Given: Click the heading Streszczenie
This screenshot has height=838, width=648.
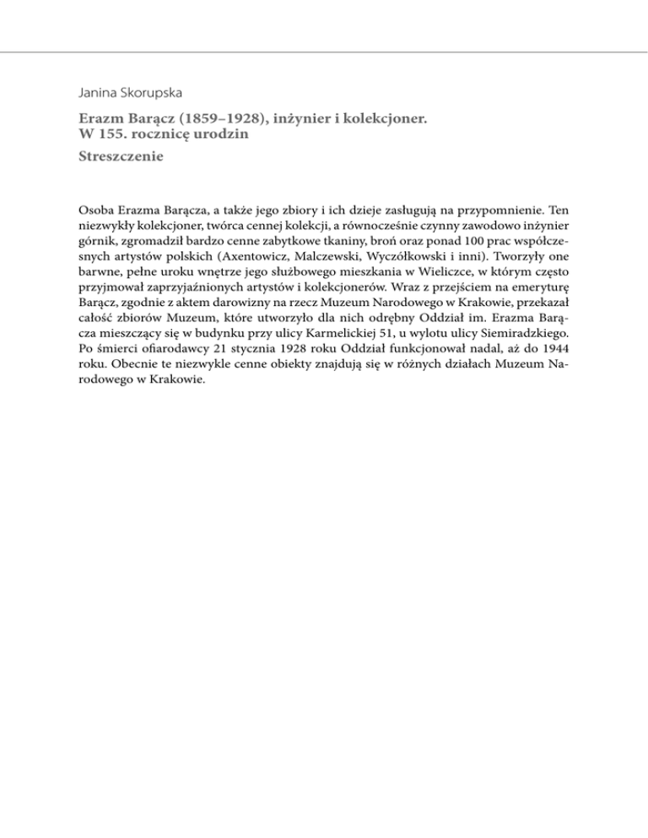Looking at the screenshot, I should point(119,157).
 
